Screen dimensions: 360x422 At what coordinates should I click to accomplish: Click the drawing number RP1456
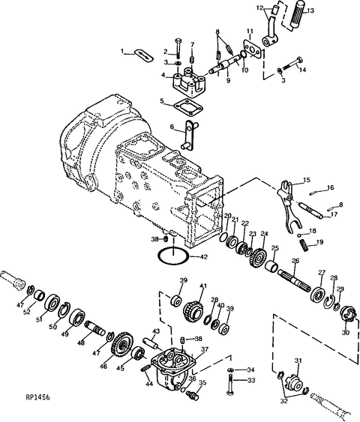38,397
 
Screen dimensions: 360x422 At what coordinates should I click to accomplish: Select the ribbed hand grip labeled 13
297,15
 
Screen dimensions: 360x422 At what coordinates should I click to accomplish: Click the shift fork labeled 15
287,206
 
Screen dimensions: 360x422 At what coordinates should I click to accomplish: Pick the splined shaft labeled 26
295,280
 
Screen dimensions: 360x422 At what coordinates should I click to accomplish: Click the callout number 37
204,349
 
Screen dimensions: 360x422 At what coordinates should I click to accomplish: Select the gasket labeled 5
188,106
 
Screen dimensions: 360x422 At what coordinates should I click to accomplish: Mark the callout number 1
122,51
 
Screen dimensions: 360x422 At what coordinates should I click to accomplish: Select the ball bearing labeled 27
318,297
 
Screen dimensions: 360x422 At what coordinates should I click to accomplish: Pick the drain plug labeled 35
193,394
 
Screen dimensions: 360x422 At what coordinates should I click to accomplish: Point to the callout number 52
34,313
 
